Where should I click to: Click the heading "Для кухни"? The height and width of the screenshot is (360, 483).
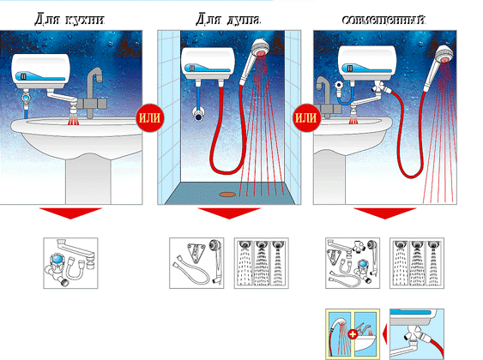[x=70, y=20]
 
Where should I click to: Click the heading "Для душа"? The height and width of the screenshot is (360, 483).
[x=228, y=20]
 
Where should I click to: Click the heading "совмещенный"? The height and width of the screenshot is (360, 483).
[x=383, y=20]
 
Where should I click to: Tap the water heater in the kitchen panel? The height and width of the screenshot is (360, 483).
[x=40, y=71]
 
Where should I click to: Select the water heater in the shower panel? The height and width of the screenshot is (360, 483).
[x=208, y=63]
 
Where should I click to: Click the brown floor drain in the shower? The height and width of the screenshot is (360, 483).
[x=227, y=195]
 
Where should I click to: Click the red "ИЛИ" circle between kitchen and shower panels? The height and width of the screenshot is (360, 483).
[x=149, y=117]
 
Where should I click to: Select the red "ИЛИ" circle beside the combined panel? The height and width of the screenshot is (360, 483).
[x=305, y=117]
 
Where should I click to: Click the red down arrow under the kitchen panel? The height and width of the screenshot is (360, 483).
[x=70, y=213]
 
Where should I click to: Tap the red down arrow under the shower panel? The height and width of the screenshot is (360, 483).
[x=229, y=213]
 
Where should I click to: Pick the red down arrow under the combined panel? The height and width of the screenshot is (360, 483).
[x=384, y=213]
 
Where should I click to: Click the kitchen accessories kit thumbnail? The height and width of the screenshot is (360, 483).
[x=70, y=263]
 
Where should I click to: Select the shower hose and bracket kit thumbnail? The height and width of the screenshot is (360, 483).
[x=196, y=263]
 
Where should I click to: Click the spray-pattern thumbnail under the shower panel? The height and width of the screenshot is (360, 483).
[x=261, y=263]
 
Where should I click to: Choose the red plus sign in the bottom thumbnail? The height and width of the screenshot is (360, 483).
[x=353, y=334]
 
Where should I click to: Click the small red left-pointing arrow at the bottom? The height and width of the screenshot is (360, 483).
[x=384, y=334]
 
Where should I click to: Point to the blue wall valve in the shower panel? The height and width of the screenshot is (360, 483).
[x=198, y=115]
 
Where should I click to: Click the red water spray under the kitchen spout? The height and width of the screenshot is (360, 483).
[x=73, y=121]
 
